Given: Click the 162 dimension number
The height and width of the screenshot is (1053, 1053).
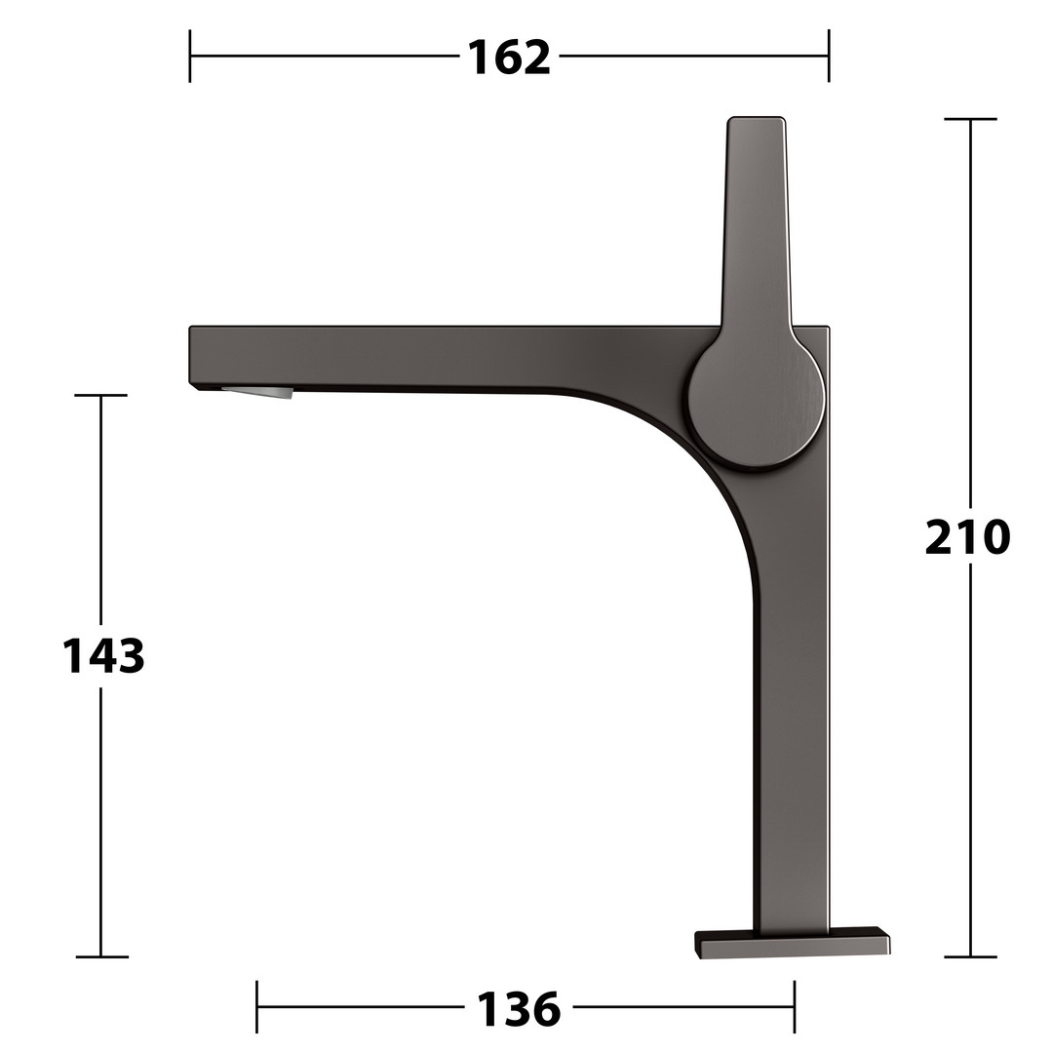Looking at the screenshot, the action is pos(509,58).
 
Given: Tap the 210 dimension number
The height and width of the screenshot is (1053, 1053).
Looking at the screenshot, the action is pos(967,537).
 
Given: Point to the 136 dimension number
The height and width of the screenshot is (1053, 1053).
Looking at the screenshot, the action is pos(519,1009).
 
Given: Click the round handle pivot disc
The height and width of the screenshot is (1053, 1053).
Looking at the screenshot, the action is pos(757,402).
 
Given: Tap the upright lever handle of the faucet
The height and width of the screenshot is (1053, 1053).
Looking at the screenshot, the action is pos(757,221).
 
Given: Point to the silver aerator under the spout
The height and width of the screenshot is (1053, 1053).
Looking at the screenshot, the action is pos(258,392).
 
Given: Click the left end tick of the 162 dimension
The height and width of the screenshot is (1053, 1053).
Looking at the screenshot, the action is pos(190,57).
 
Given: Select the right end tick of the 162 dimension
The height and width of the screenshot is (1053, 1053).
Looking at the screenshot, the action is pos(829,57).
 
